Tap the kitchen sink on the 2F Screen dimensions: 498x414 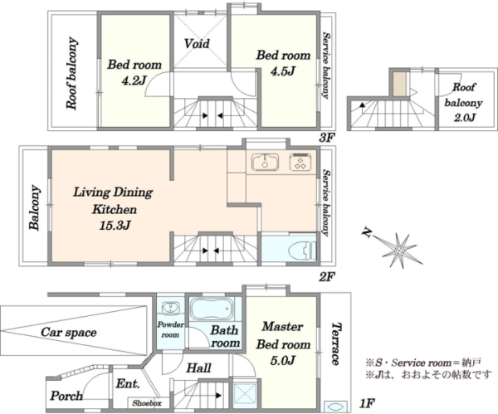point(266,161)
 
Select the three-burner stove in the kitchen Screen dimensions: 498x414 point(300,161)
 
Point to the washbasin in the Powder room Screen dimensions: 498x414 point(170,308)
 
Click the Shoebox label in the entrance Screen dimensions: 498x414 point(147,403)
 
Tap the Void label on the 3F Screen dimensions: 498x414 point(197,43)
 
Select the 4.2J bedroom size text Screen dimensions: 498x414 point(134,80)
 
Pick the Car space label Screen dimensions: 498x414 point(69,333)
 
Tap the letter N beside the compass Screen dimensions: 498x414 point(367,232)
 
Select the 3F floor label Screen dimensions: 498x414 point(327,138)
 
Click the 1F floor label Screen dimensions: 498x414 point(367,403)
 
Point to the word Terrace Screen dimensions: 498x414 point(336,343)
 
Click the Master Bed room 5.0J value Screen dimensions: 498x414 point(283,360)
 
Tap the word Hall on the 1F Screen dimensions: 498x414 point(198,368)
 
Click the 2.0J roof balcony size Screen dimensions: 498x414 point(464,118)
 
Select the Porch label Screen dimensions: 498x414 point(66,396)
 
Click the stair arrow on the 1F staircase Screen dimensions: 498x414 point(218,396)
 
